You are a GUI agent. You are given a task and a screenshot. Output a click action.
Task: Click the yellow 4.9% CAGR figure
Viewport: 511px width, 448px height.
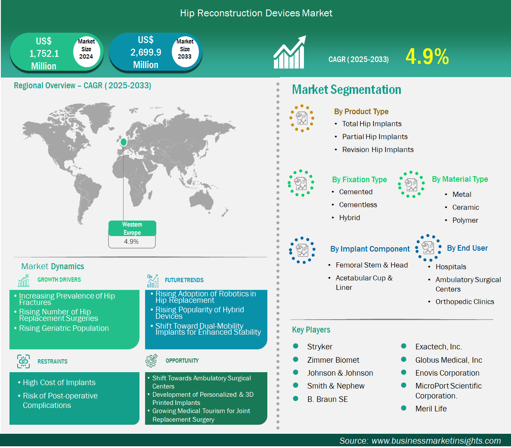coord(427,56)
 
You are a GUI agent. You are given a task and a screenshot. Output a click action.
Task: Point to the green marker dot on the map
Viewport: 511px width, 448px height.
coord(124,142)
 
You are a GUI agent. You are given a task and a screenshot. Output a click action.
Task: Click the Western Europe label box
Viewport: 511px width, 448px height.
coord(132,228)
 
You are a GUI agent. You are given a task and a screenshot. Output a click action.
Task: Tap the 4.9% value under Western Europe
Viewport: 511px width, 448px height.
coord(131,242)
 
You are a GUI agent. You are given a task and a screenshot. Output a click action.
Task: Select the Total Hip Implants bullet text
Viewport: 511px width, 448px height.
coord(372,124)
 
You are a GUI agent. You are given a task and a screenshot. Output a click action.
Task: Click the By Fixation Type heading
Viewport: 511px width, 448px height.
coord(359,180)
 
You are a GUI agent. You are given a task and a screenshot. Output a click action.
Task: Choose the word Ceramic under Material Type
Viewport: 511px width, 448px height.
coord(466,207)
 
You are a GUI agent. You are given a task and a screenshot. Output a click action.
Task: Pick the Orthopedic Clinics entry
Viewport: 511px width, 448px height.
coord(465,302)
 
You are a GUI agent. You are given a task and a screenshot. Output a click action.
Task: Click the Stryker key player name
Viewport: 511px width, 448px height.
coord(320,347)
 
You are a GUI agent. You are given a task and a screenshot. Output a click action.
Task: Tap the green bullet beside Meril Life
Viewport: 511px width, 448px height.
coord(403,408)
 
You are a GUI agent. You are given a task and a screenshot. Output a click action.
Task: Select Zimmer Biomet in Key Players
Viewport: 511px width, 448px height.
coord(333,360)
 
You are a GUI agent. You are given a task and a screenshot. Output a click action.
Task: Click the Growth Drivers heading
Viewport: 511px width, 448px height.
coord(59,280)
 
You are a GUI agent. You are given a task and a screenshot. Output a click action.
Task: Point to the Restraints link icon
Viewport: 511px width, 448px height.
coord(23,361)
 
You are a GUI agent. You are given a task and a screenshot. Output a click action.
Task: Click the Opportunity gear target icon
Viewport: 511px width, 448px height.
coord(152,360)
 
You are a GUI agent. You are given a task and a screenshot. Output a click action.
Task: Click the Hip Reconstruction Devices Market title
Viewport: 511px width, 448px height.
coord(256,13)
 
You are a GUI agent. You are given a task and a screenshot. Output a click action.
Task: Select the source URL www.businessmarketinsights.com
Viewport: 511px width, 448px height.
coord(436,441)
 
